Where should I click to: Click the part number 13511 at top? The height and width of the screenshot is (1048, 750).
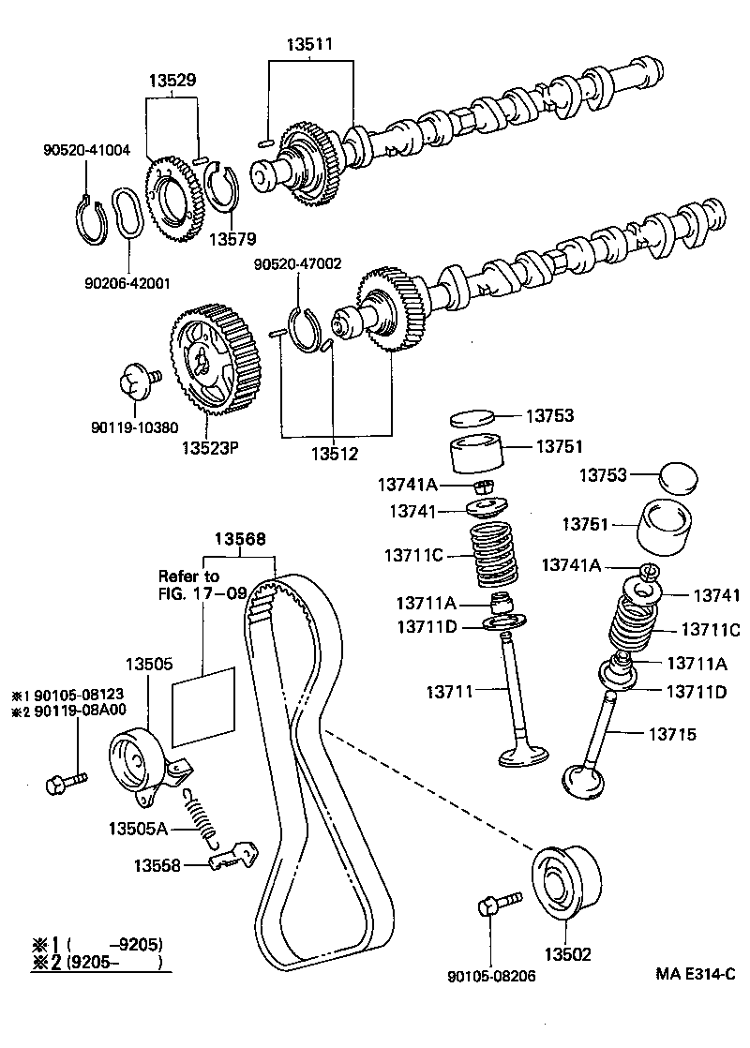310,44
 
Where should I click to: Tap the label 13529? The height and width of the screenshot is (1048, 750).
172,82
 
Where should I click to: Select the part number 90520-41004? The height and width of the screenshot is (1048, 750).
86,149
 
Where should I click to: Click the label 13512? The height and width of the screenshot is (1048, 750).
335,455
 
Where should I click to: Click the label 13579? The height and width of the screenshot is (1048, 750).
232,239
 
